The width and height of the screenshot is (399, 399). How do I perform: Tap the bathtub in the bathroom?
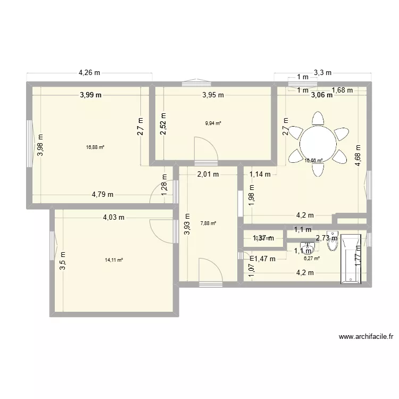(351, 257)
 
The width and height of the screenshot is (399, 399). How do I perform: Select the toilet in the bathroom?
(334, 237)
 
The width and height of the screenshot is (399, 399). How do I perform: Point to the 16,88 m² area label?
(95, 147)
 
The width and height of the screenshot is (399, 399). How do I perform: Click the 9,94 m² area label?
(213, 123)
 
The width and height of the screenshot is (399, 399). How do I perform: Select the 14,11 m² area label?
(114, 260)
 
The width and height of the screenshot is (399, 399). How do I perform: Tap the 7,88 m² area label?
(208, 223)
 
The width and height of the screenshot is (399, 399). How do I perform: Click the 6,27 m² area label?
(311, 259)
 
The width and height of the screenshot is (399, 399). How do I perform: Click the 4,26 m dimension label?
(90, 73)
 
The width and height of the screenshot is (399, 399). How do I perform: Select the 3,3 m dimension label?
(322, 73)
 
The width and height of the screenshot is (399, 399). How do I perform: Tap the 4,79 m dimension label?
(102, 194)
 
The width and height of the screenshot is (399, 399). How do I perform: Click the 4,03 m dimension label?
(113, 217)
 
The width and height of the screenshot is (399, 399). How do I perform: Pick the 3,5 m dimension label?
(62, 261)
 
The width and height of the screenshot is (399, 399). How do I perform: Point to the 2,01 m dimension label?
(208, 173)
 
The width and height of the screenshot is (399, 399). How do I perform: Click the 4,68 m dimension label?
(358, 156)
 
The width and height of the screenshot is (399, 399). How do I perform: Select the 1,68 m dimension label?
(342, 90)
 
